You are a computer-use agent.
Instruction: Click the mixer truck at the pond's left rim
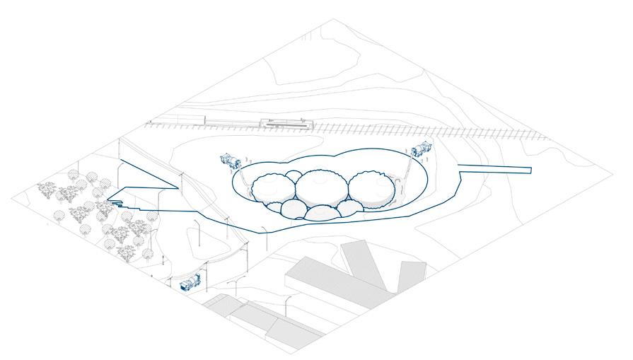[x=230, y=160]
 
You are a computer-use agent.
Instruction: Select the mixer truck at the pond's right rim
[x=422, y=149]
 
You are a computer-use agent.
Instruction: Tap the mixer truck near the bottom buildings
[x=190, y=283]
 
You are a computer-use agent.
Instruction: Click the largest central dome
[x=321, y=187]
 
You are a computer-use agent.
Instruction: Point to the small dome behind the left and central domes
[x=293, y=175]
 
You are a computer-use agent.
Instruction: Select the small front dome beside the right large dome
[x=349, y=208]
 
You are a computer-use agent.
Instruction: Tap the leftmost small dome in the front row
[x=294, y=208]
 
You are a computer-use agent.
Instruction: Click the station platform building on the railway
[x=286, y=124]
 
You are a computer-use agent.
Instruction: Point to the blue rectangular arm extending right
[x=495, y=168]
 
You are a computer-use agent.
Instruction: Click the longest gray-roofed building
[x=332, y=281]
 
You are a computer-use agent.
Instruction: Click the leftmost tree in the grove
[x=47, y=189]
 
